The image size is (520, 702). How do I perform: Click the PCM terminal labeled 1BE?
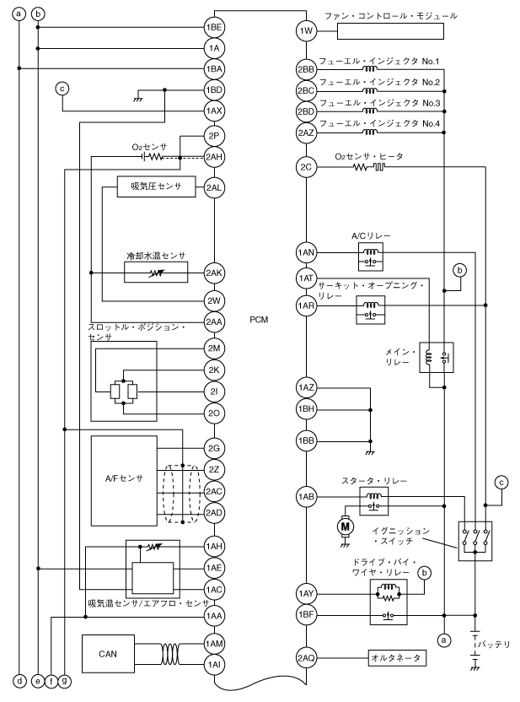[x=215, y=28]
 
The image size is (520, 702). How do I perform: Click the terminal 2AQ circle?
[x=305, y=657]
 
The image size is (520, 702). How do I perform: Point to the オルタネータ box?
[x=396, y=657]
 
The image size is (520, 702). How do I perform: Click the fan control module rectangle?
[x=392, y=32]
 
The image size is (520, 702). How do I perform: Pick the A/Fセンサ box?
[x=123, y=479]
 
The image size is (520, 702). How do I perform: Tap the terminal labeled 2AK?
[x=215, y=272]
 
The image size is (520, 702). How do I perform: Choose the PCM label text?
[x=259, y=320]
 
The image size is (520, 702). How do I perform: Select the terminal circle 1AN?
[x=305, y=251]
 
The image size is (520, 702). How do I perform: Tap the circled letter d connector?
[x=19, y=679]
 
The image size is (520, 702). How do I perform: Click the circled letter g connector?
[x=65, y=679]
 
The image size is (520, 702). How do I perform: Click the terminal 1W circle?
[x=305, y=32]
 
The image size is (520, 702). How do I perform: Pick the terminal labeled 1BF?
[x=305, y=615]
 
